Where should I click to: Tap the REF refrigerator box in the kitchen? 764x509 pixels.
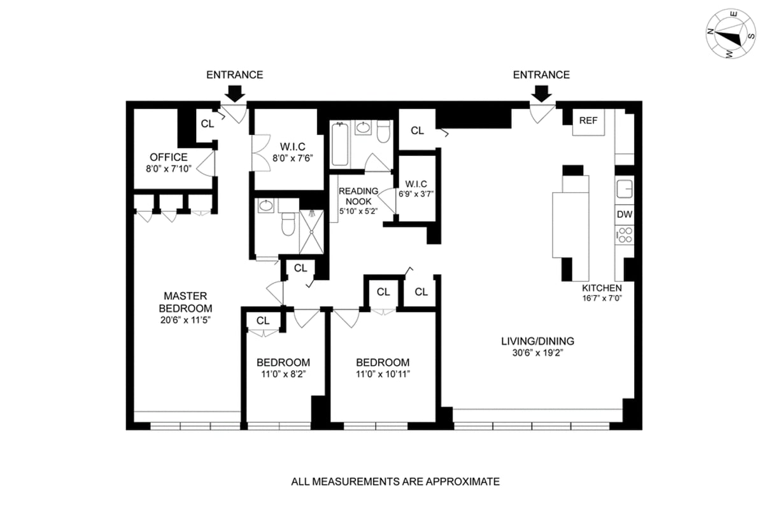588,122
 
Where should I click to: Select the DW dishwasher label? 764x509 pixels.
624,214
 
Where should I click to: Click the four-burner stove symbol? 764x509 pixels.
624,234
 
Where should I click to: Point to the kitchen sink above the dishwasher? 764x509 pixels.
624,189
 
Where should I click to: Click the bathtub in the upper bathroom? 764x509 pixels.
339,144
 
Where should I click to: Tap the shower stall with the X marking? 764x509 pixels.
311,232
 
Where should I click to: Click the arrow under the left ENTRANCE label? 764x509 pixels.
235,94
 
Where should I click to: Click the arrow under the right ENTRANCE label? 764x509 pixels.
541,94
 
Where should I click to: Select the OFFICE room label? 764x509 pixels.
169,157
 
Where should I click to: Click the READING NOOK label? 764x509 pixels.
358,196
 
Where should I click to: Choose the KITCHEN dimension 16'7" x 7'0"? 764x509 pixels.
602,298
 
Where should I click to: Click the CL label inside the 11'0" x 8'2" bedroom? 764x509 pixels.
263,321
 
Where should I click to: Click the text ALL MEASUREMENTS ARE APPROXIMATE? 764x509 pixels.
395,482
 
